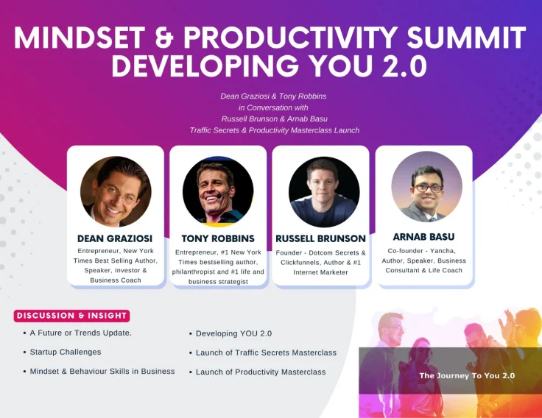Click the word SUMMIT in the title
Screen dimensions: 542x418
467,38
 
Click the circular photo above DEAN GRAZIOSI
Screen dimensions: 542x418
116,191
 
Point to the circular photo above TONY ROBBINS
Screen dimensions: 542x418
218,191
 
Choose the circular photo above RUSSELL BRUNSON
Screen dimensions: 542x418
324,192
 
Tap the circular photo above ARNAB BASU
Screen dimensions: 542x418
427,186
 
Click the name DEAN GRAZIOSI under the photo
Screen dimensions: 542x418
115,238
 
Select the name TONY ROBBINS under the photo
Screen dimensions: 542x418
218,238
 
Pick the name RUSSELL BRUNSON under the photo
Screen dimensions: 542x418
321,238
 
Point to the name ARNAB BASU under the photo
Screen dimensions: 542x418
423,237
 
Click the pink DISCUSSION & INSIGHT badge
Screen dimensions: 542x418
72,316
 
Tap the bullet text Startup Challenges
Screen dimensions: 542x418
66,352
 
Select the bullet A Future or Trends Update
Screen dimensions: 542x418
80,333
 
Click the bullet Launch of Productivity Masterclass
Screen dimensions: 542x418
261,372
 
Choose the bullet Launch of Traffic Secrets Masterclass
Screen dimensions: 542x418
266,353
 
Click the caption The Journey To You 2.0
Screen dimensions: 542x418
467,376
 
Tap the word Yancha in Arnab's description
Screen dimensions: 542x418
443,251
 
